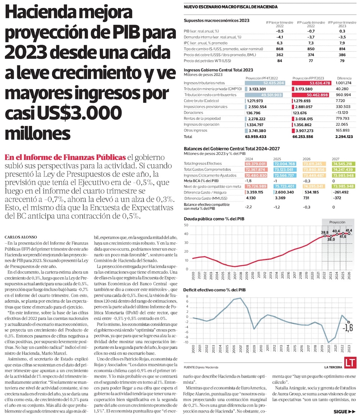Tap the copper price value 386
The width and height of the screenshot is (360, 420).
tap(342, 55)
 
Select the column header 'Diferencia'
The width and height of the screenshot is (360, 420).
tap(344, 78)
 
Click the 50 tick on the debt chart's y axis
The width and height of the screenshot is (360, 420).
tap(186, 225)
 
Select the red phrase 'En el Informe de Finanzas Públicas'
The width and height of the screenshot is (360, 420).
tap(65, 157)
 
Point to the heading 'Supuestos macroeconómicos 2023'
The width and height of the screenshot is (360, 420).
tap(216, 21)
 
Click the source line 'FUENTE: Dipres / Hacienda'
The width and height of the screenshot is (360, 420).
tap(201, 367)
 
